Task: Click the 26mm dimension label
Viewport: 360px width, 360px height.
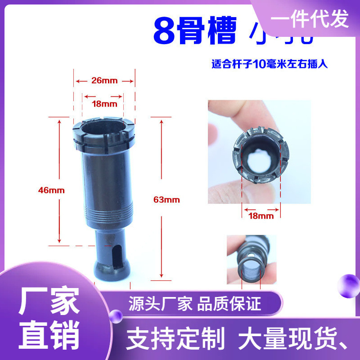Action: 104,81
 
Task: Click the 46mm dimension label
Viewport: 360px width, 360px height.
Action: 51,190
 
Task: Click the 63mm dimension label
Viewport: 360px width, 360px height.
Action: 166,200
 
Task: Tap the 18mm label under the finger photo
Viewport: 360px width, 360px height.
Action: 261,216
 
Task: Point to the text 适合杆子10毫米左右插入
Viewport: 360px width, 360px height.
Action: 269,64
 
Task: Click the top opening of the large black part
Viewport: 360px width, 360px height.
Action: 103,128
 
